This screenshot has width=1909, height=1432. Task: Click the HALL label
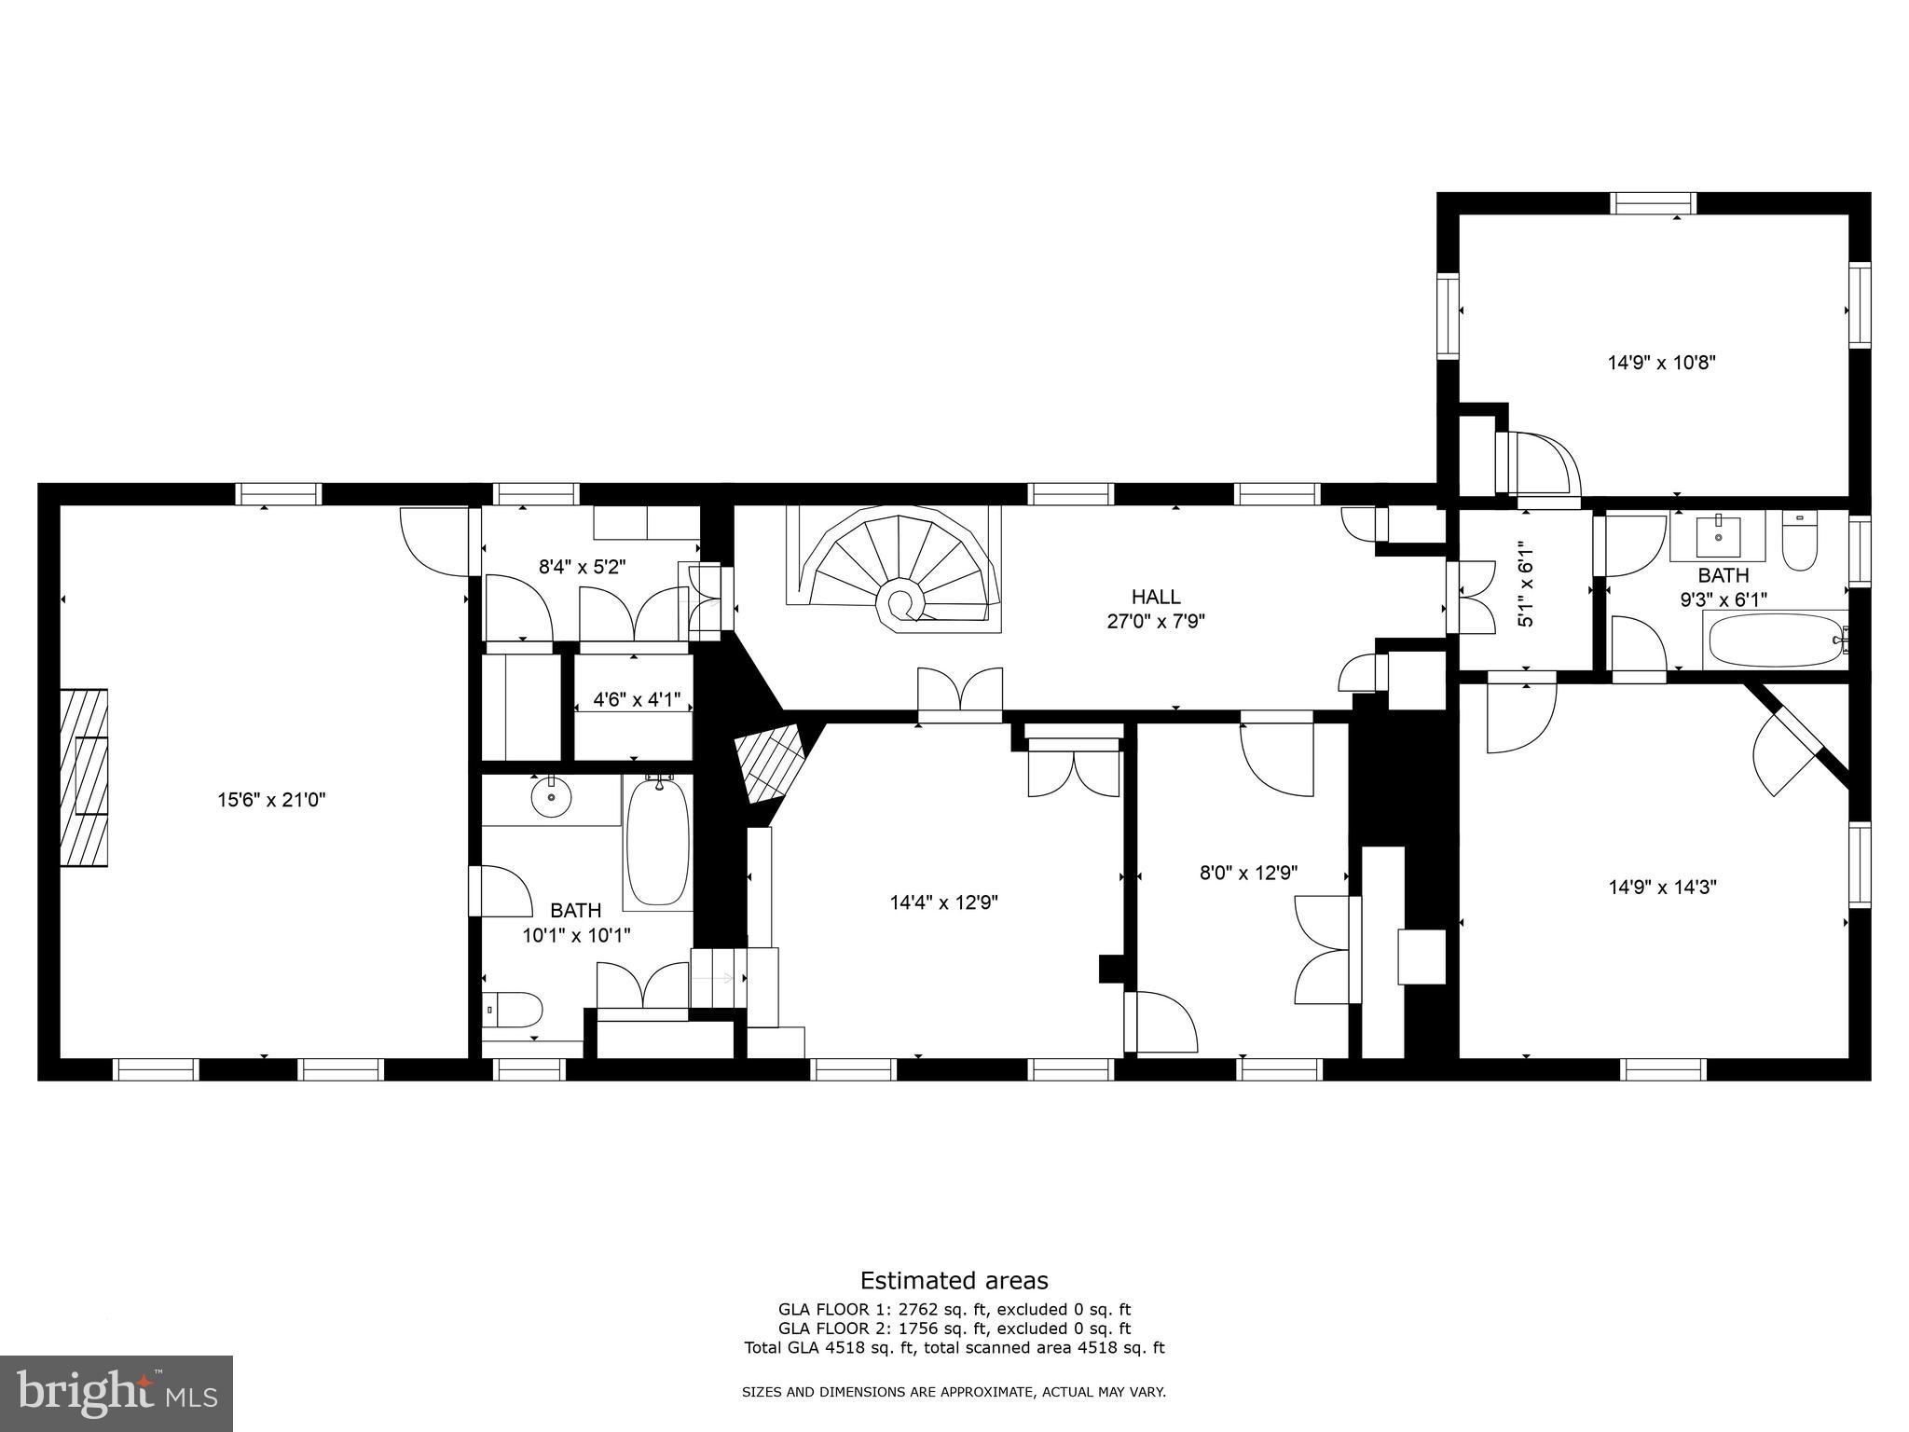click(1156, 597)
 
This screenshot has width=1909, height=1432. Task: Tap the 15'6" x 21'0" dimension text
click(271, 799)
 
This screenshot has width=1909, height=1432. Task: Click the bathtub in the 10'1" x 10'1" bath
click(658, 842)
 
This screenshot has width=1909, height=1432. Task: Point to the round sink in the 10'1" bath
click(551, 797)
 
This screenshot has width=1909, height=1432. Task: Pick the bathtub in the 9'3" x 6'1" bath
click(1771, 640)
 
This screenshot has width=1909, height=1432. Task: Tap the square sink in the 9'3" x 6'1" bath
click(1718, 535)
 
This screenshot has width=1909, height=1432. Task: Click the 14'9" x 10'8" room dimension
click(1662, 363)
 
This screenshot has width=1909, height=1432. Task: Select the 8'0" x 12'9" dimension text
click(1248, 873)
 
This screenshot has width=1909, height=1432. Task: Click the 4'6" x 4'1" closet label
click(638, 698)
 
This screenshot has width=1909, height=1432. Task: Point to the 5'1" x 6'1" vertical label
click(1525, 585)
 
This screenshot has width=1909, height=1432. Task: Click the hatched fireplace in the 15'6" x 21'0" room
click(84, 778)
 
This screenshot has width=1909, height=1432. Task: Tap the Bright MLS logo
click(117, 1393)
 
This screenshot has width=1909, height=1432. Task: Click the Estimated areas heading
click(954, 1280)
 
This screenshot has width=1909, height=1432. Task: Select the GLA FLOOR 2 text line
click(954, 1329)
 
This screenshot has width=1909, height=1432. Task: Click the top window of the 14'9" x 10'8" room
click(1654, 202)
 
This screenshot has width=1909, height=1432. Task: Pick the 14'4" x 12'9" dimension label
click(943, 902)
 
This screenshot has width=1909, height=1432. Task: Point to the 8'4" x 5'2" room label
click(582, 566)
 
